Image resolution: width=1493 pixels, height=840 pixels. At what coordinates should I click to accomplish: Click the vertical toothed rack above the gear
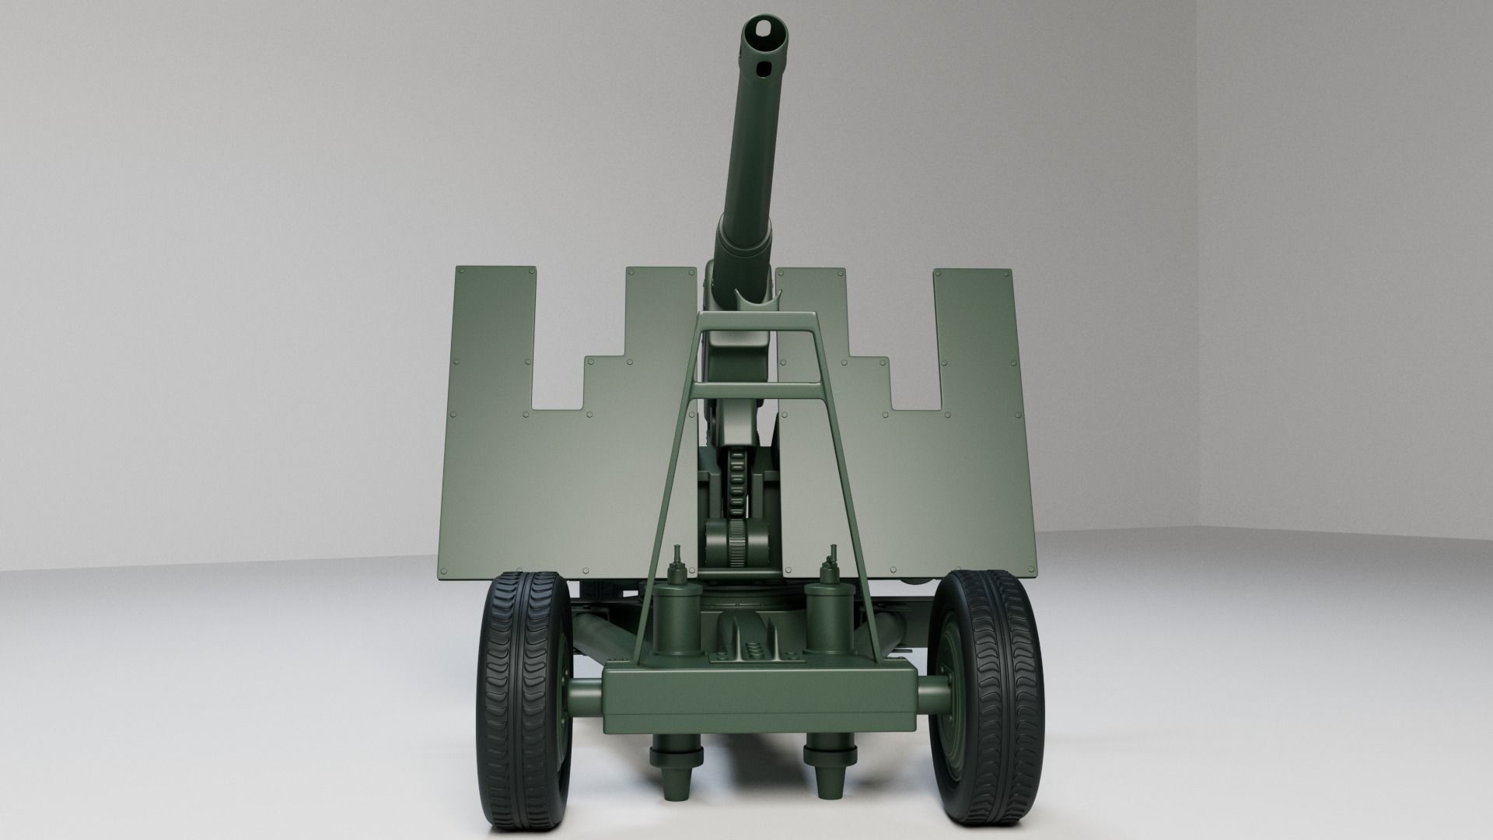[737, 482]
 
